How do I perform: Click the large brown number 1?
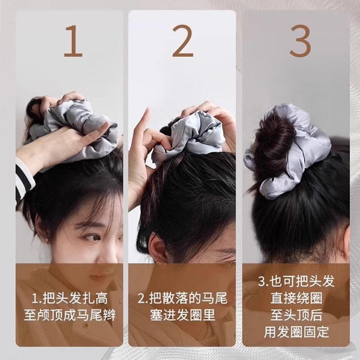(x=73, y=41)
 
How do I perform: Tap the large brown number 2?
(x=183, y=41)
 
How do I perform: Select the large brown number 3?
(x=300, y=41)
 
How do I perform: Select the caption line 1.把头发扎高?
(x=70, y=298)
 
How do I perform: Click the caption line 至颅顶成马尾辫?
(x=70, y=315)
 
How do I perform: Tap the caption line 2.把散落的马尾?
(x=183, y=298)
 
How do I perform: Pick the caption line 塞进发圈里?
(x=183, y=315)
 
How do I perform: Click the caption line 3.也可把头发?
(x=296, y=281)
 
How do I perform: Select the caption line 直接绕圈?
(x=296, y=298)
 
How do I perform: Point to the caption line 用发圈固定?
(x=296, y=332)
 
